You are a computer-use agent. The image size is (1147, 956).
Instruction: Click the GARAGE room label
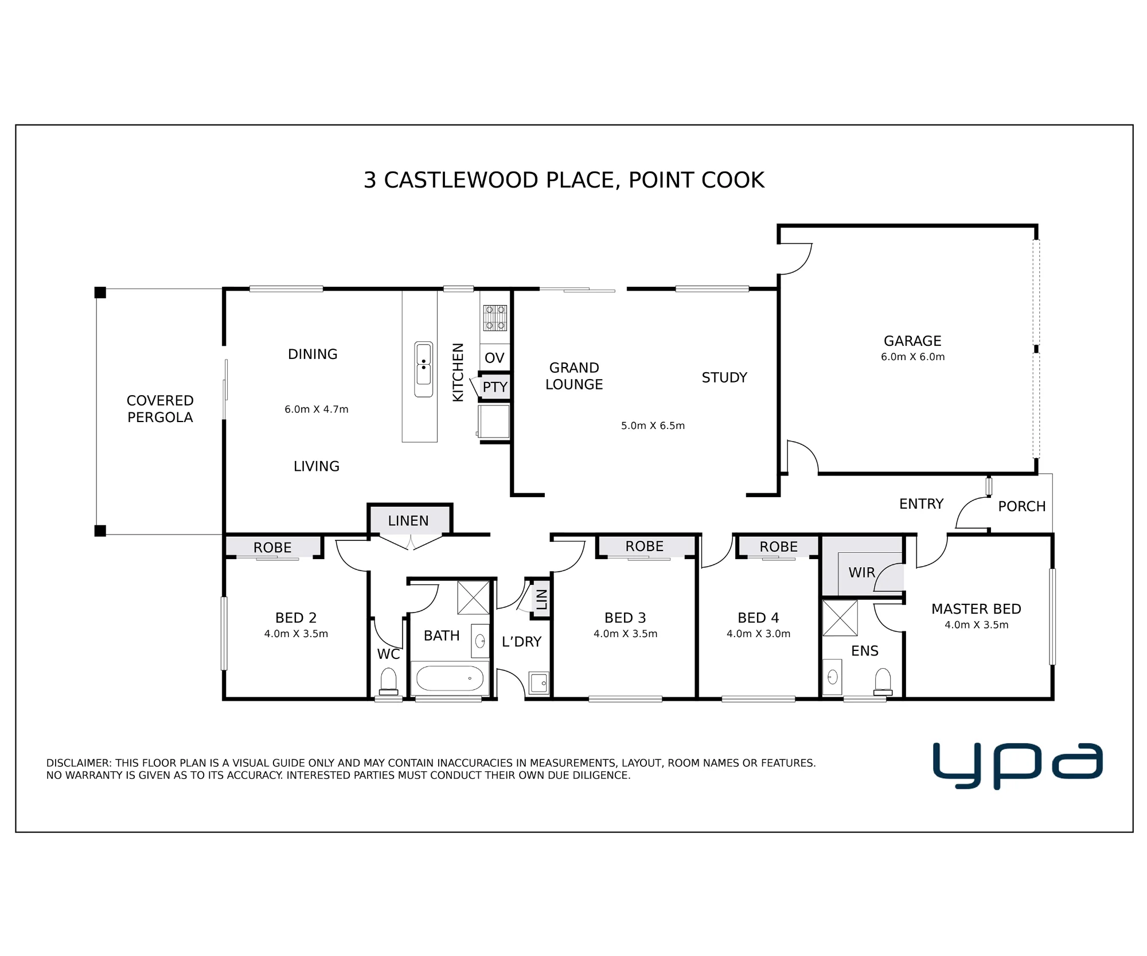point(912,341)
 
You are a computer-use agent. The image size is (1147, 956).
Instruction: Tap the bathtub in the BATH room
point(450,678)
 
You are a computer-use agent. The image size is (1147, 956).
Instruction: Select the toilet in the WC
point(388,681)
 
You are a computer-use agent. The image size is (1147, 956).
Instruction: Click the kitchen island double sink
point(424,369)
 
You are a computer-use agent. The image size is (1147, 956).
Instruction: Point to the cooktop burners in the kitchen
point(495,318)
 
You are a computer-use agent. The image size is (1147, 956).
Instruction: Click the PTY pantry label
point(495,387)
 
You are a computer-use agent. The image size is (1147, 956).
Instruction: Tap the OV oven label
point(494,358)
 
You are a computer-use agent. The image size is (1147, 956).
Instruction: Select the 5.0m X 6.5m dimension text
point(653,426)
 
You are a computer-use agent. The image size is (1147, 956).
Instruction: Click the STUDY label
point(724,377)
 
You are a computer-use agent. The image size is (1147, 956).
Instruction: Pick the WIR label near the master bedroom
point(861,572)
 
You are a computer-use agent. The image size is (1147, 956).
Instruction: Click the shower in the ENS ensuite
point(840,618)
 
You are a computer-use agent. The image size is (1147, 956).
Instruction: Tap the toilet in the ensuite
point(883,682)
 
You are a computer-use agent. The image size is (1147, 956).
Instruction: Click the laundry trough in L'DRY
point(539,683)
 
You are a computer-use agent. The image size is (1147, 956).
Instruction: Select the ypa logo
point(1017,766)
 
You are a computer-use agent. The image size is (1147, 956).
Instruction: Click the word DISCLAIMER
point(79,763)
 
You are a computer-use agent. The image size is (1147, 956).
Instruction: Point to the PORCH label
point(1022,506)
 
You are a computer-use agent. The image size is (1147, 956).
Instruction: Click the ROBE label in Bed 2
point(272,548)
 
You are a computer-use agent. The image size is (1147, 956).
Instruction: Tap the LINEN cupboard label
point(408,521)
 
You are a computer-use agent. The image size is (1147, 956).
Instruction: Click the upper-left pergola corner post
point(100,292)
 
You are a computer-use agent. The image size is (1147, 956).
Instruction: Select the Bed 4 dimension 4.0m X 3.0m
point(758,634)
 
